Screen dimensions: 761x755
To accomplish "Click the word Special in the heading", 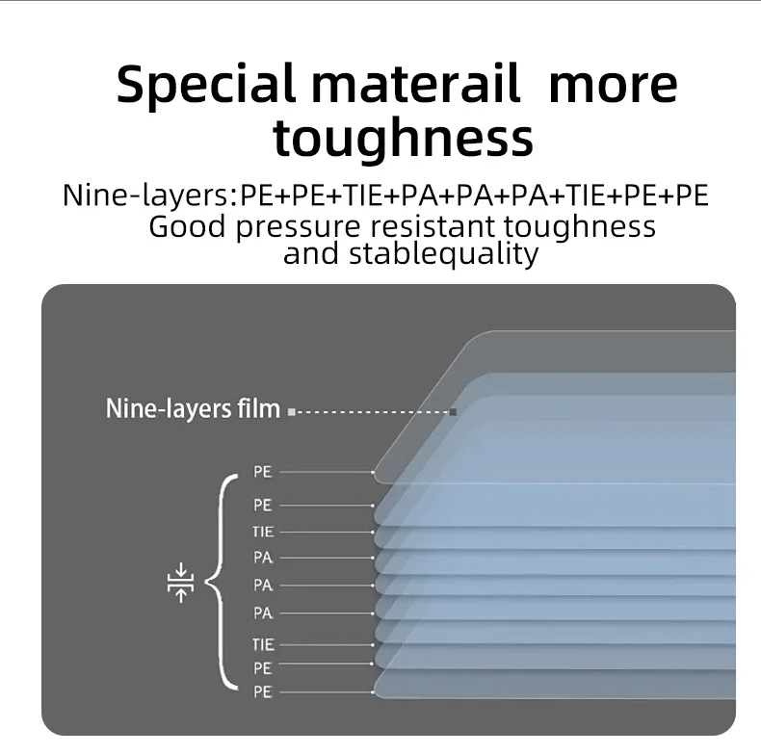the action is [x=206, y=85].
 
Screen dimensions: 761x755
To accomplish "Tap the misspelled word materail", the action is [x=415, y=84].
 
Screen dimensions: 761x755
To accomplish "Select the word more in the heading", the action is [x=613, y=88].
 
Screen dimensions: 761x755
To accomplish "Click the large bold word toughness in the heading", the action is [x=403, y=139].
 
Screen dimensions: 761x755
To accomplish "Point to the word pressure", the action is [x=298, y=227].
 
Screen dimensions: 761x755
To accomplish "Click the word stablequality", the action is [x=443, y=254].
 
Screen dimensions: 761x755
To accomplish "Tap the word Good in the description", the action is [x=187, y=226].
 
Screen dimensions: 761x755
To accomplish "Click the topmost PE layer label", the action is [x=263, y=472].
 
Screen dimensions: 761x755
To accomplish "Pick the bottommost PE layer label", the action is [x=263, y=691].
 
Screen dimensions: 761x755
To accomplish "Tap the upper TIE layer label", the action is [x=263, y=532].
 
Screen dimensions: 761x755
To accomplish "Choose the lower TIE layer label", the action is [x=263, y=645].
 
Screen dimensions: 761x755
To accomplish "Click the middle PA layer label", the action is [x=263, y=586].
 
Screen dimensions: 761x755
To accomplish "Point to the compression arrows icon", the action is [x=180, y=583].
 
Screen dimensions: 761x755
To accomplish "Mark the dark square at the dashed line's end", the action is [x=453, y=412].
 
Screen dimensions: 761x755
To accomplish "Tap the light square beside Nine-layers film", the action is [x=291, y=412].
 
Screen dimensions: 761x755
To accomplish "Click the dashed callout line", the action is [x=372, y=412].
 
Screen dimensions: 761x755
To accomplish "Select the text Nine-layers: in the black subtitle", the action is [x=150, y=195].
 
